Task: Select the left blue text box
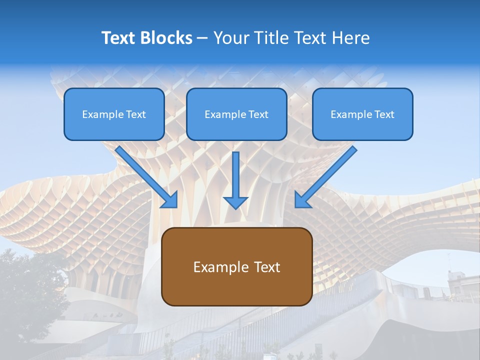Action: tap(114, 114)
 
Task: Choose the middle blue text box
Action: tap(236, 114)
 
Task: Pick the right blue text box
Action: tap(362, 114)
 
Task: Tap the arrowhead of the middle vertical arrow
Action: tap(235, 202)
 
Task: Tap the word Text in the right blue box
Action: tap(384, 114)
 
